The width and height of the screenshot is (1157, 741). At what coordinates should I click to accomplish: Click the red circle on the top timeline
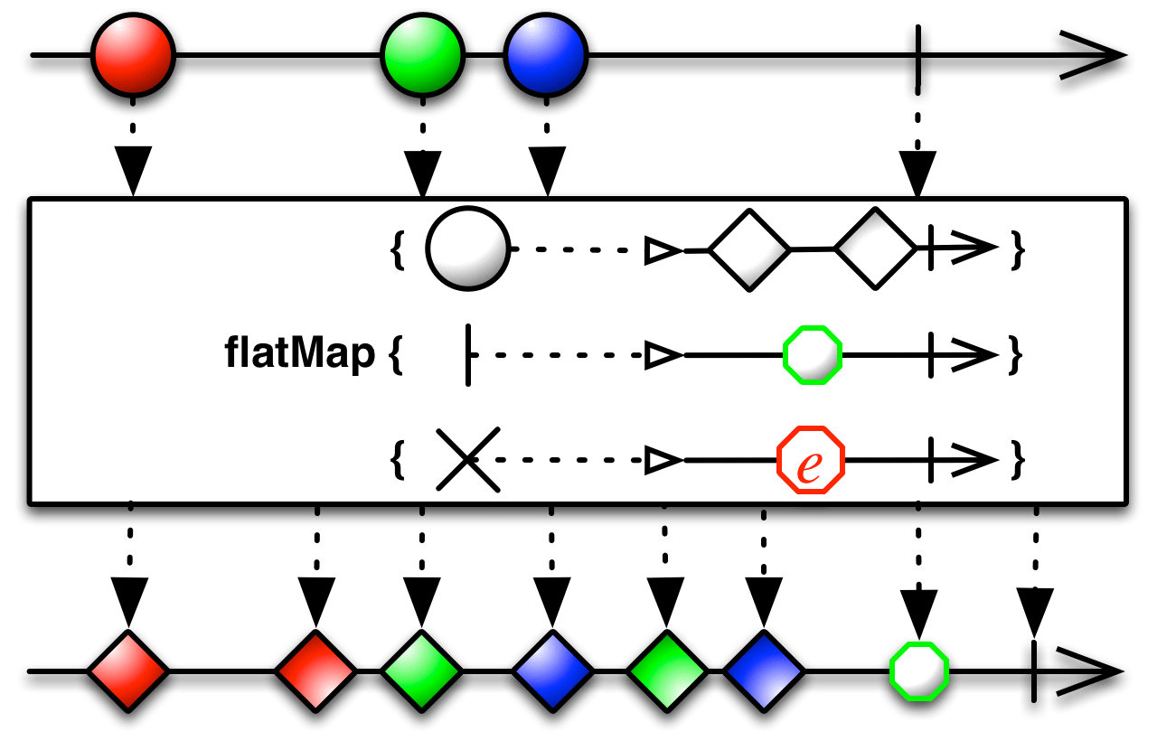(133, 56)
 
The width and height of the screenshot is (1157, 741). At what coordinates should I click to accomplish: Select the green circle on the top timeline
(422, 56)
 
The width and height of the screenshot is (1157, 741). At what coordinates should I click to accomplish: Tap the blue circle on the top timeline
(545, 56)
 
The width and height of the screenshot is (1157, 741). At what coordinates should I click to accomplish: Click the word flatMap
(299, 354)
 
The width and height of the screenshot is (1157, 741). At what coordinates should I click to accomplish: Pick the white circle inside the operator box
(467, 249)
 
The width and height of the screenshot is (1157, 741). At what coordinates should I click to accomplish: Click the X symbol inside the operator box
(467, 460)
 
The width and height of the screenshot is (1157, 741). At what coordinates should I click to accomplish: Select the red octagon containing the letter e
(810, 460)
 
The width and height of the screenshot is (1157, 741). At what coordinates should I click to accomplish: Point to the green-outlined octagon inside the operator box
(812, 355)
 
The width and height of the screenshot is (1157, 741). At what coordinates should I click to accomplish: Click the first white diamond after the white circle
(749, 249)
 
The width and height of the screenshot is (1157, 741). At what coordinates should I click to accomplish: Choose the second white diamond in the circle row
(875, 249)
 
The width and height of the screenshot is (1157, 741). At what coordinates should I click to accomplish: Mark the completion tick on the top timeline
(918, 61)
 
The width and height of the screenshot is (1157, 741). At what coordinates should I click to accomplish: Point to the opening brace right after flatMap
(395, 355)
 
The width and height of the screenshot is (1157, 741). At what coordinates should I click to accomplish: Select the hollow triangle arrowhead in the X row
(663, 461)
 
